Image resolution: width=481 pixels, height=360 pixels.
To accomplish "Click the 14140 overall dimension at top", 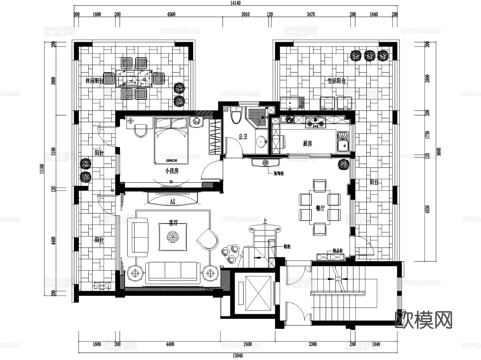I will click(235, 3).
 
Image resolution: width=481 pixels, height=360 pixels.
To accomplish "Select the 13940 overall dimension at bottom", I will click(238, 356).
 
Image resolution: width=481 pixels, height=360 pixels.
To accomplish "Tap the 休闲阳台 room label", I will click(94, 81).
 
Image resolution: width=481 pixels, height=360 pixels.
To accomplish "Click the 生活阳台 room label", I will click(336, 80).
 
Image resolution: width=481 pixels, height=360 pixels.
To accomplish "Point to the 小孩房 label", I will click(172, 171).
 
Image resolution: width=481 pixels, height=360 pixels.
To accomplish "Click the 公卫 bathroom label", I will click(243, 137).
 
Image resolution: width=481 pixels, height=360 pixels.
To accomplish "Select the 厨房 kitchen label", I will click(307, 144).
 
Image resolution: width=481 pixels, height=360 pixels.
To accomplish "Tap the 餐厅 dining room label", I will click(320, 208).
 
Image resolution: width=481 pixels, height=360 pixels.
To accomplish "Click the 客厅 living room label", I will click(173, 222).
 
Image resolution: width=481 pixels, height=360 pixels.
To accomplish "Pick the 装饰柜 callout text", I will click(278, 173).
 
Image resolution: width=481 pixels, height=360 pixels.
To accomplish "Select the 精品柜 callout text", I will click(337, 251).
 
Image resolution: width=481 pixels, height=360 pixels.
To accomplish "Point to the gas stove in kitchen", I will click(316, 122).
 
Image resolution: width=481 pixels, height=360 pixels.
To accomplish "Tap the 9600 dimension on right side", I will click(439, 152).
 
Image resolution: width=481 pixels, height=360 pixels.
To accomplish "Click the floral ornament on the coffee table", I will click(172, 237).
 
